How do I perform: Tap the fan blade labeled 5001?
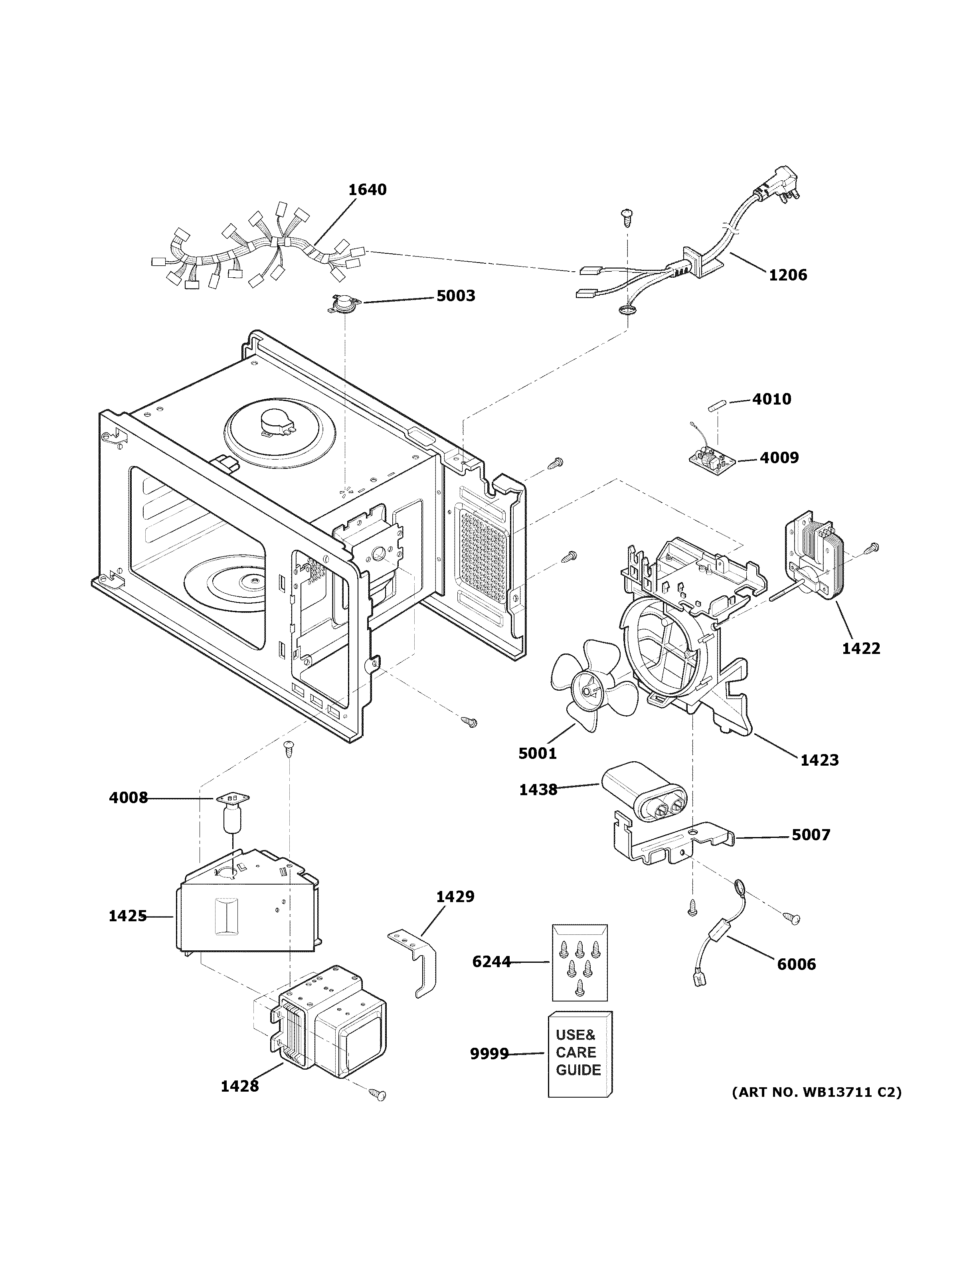click(590, 688)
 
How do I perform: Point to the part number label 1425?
click(127, 916)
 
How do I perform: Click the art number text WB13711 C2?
click(816, 1093)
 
